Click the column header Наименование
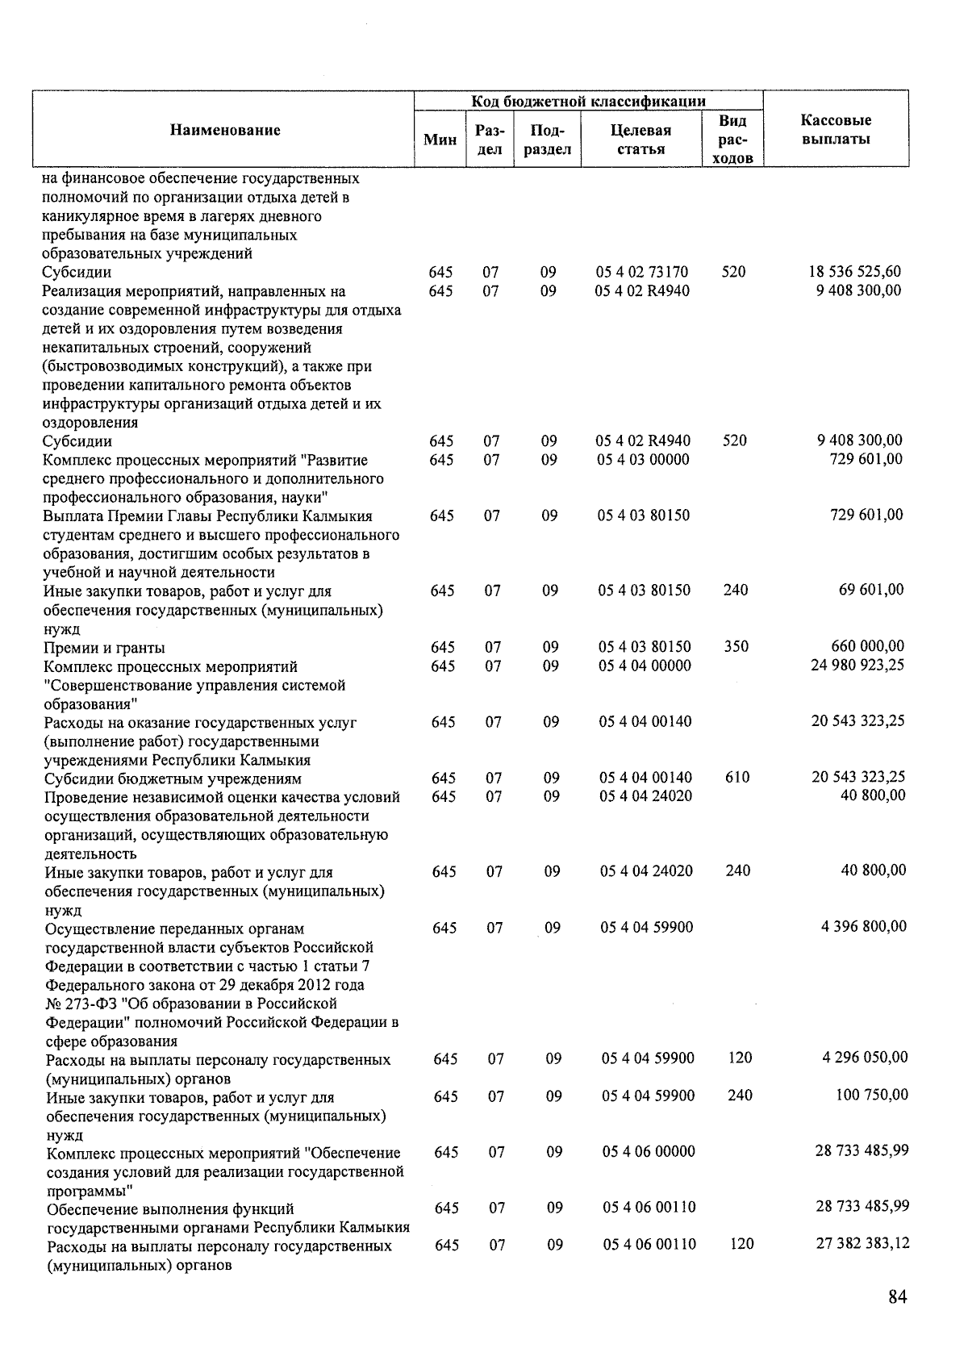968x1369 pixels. (225, 130)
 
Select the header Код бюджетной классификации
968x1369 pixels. (588, 101)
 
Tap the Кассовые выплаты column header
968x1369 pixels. (835, 129)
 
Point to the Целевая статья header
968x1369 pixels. (642, 140)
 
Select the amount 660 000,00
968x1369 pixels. (867, 646)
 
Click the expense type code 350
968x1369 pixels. (736, 646)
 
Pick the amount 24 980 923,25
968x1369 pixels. (857, 665)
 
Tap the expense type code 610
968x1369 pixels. (737, 778)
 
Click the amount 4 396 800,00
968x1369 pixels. (863, 926)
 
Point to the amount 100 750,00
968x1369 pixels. (870, 1095)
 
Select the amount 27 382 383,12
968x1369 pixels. (862, 1243)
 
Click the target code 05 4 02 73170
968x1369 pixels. (642, 272)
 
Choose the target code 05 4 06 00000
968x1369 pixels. (648, 1151)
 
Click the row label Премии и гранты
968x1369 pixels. (105, 648)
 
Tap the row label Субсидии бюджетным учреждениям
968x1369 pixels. (173, 779)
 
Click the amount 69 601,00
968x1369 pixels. (871, 590)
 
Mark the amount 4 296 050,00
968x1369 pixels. (865, 1057)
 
